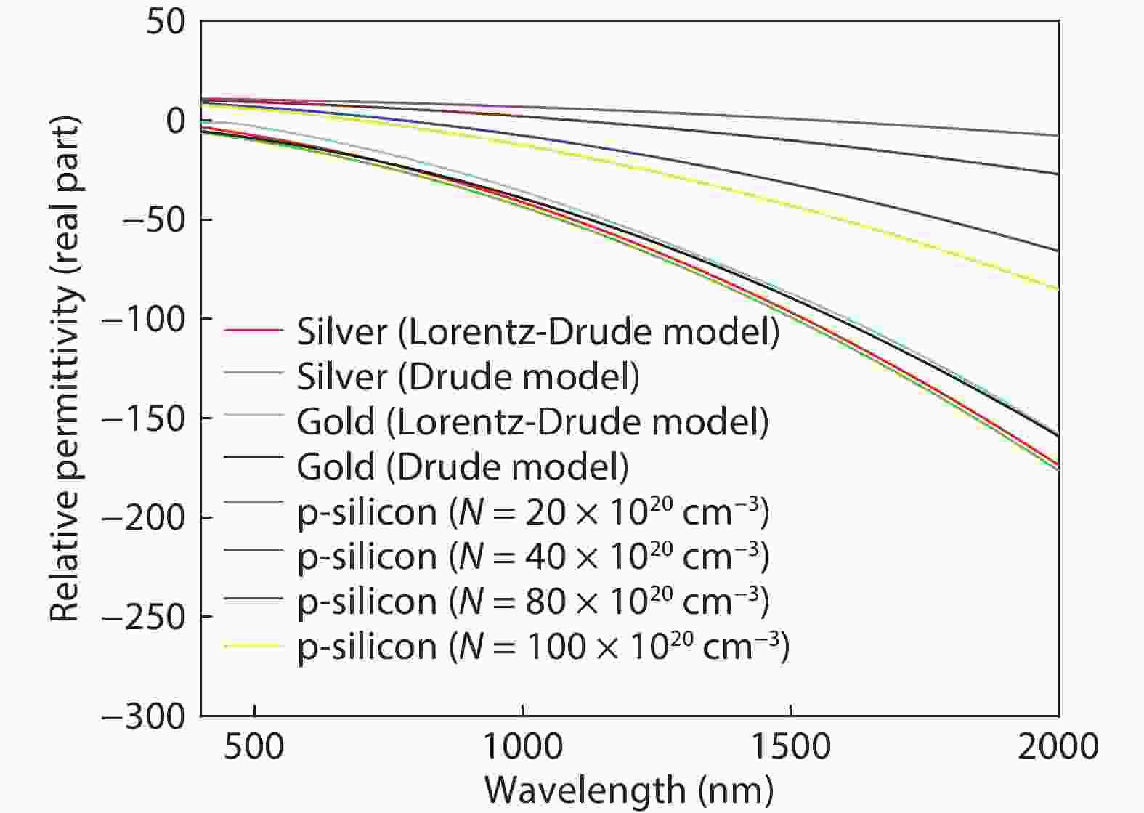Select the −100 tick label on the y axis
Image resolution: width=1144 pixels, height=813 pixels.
pyautogui.click(x=145, y=319)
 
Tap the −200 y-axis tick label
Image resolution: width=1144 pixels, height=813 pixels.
pyautogui.click(x=145, y=517)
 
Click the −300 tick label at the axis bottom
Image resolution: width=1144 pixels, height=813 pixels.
pyautogui.click(x=145, y=716)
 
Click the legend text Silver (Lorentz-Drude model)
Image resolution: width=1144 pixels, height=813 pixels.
pyautogui.click(x=537, y=332)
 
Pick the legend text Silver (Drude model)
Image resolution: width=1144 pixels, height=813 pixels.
pyautogui.click(x=468, y=376)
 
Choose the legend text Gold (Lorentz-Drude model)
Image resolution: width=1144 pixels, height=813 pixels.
pyautogui.click(x=532, y=421)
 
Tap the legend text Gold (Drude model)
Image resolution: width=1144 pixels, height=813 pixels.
pyautogui.click(x=463, y=466)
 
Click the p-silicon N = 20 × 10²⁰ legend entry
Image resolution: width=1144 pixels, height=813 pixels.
pyautogui.click(x=532, y=512)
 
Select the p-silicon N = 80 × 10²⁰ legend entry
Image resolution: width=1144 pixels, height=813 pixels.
pyautogui.click(x=532, y=602)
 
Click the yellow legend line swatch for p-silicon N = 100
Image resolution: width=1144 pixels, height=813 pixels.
pyautogui.click(x=253, y=645)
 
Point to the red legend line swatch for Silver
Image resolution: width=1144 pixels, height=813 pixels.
pyautogui.click(x=253, y=331)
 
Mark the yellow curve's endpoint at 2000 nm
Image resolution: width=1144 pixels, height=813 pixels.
pyautogui.click(x=1058, y=289)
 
